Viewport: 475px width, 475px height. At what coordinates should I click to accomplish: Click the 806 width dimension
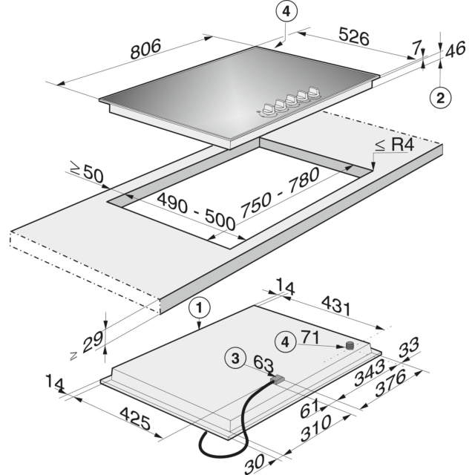145,49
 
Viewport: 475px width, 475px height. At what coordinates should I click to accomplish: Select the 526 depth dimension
354,36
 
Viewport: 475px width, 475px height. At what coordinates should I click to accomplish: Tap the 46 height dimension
455,50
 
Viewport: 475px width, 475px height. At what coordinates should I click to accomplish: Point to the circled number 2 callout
440,98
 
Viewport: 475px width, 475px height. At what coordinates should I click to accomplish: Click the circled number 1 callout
199,309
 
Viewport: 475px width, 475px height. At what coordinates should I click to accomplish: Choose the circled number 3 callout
235,358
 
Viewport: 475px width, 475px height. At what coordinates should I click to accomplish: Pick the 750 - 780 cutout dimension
279,193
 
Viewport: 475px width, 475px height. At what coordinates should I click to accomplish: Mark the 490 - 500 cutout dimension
197,212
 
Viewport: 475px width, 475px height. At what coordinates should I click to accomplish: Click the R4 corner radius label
394,145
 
